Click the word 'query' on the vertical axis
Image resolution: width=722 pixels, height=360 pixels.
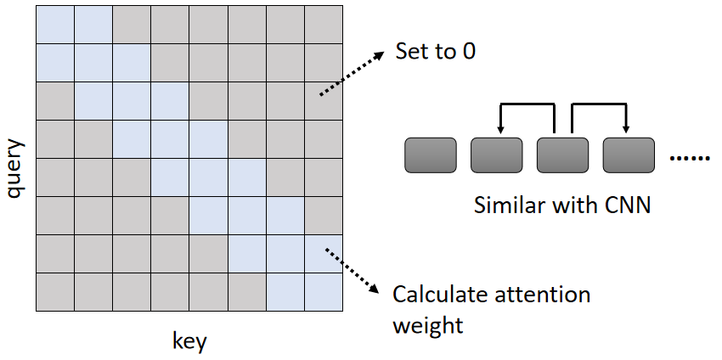16,170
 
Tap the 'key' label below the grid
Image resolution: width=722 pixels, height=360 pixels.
189,342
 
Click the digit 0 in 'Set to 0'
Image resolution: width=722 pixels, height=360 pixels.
468,51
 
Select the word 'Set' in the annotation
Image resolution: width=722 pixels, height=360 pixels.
411,51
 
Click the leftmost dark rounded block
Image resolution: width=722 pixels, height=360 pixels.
430,155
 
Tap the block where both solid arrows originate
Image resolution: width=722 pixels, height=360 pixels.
562,155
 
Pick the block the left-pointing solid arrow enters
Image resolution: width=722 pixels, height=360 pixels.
496,155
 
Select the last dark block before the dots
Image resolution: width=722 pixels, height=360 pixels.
629,155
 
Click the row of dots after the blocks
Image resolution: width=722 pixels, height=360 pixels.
690,159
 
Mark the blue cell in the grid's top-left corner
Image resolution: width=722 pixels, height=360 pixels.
54,24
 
